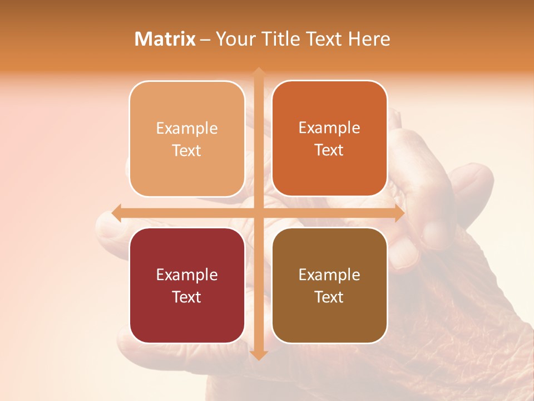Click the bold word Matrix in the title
pos(165,39)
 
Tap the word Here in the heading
pos(369,39)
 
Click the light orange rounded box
pos(187,139)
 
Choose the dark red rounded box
pos(187,285)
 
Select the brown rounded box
pos(329,285)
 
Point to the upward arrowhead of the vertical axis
pos(259,72)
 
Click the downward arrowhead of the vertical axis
pos(259,355)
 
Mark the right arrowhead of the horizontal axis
pos(399,213)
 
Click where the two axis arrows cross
pos(259,213)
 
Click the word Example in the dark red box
pos(187,275)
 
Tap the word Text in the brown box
pos(329,297)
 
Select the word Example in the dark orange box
pos(329,128)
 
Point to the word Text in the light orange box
pos(187,150)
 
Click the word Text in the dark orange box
pos(329,150)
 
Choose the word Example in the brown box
pos(329,275)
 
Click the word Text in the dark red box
pos(187,297)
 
